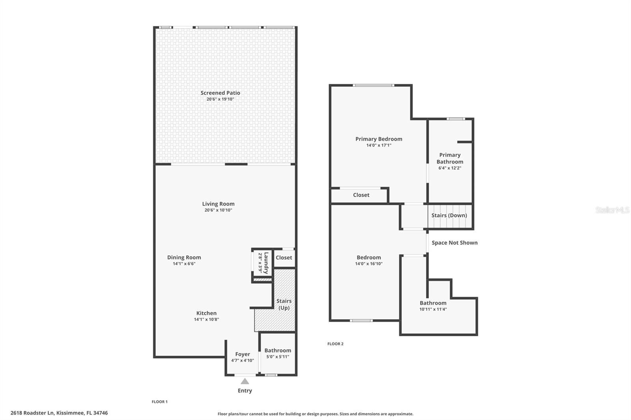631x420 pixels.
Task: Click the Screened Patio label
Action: coord(220,93)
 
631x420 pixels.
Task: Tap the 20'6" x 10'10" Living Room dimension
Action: coord(218,210)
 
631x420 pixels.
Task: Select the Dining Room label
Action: coord(184,257)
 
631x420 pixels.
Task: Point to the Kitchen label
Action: coord(206,313)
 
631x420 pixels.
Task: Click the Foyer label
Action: coord(243,354)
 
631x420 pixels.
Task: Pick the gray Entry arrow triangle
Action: coord(245,381)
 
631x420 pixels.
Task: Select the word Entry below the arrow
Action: coord(245,390)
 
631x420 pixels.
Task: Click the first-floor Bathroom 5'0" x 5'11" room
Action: coord(278,353)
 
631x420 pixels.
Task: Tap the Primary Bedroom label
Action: coord(379,139)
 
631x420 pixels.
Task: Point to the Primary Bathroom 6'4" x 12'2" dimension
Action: coord(450,168)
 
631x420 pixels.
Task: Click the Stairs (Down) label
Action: coord(449,216)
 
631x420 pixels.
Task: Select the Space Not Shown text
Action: coord(454,243)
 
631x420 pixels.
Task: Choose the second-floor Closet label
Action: coord(361,195)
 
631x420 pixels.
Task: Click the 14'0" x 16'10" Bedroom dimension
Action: coord(369,264)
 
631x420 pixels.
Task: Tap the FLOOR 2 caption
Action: coord(335,344)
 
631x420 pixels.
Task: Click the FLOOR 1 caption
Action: coord(160,402)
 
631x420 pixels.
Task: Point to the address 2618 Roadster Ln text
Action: coord(59,413)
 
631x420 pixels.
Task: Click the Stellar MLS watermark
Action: coord(612,210)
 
